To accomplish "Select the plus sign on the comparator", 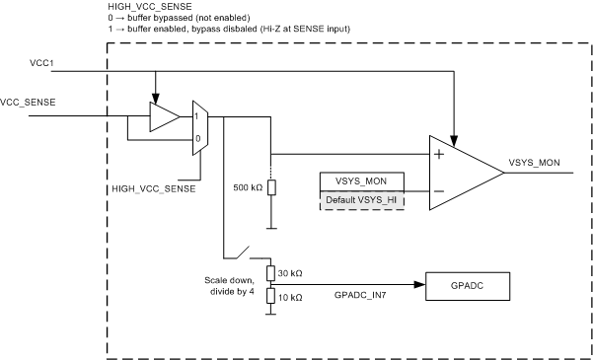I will pyautogui.click(x=438, y=154).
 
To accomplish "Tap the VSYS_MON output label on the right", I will pyautogui.click(x=536, y=162).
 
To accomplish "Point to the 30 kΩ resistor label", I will pyautogui.click(x=292, y=272).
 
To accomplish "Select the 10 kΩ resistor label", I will pyautogui.click(x=292, y=296).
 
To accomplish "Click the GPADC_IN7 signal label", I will pyautogui.click(x=360, y=295).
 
